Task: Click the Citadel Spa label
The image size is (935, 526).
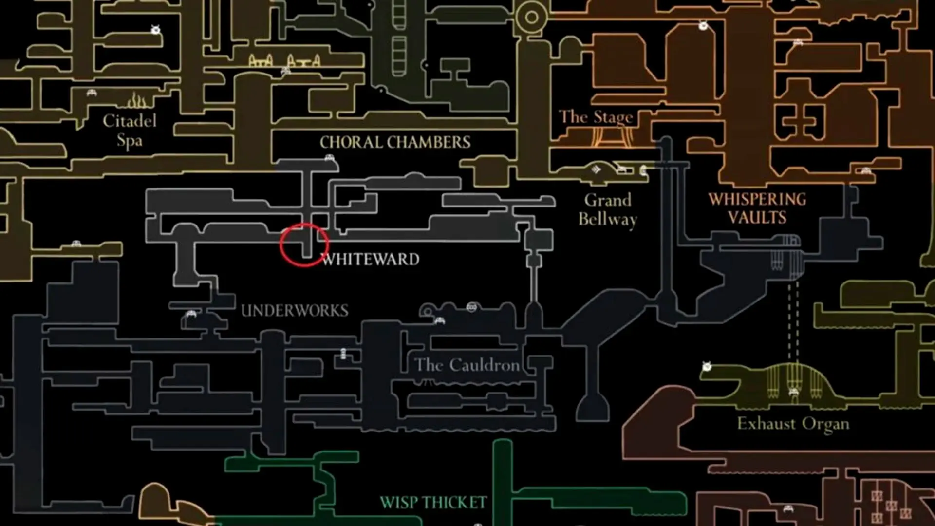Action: pyautogui.click(x=130, y=131)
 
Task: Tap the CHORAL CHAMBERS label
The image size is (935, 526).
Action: pyautogui.click(x=395, y=142)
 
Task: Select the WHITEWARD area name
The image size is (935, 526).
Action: pyautogui.click(x=371, y=259)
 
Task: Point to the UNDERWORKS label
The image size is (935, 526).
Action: pyautogui.click(x=295, y=311)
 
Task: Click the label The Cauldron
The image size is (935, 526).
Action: pyautogui.click(x=467, y=365)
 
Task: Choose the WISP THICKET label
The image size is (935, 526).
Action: pyautogui.click(x=433, y=503)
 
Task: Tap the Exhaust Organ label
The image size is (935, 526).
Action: pyautogui.click(x=793, y=424)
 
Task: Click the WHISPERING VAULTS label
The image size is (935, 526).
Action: pyautogui.click(x=757, y=208)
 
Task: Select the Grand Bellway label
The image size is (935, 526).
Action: pyautogui.click(x=608, y=209)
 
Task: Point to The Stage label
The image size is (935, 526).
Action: pyautogui.click(x=596, y=117)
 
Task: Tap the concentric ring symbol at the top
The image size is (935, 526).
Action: pyautogui.click(x=532, y=18)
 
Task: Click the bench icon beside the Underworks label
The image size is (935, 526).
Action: pyautogui.click(x=191, y=314)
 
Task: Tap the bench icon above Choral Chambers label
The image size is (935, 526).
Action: pyautogui.click(x=330, y=158)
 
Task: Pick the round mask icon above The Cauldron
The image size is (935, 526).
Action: pyautogui.click(x=471, y=307)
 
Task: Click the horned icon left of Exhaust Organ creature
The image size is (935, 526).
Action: pyautogui.click(x=707, y=366)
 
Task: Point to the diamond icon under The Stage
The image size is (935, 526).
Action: pyautogui.click(x=596, y=169)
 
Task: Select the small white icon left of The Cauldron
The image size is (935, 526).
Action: pyautogui.click(x=343, y=353)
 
